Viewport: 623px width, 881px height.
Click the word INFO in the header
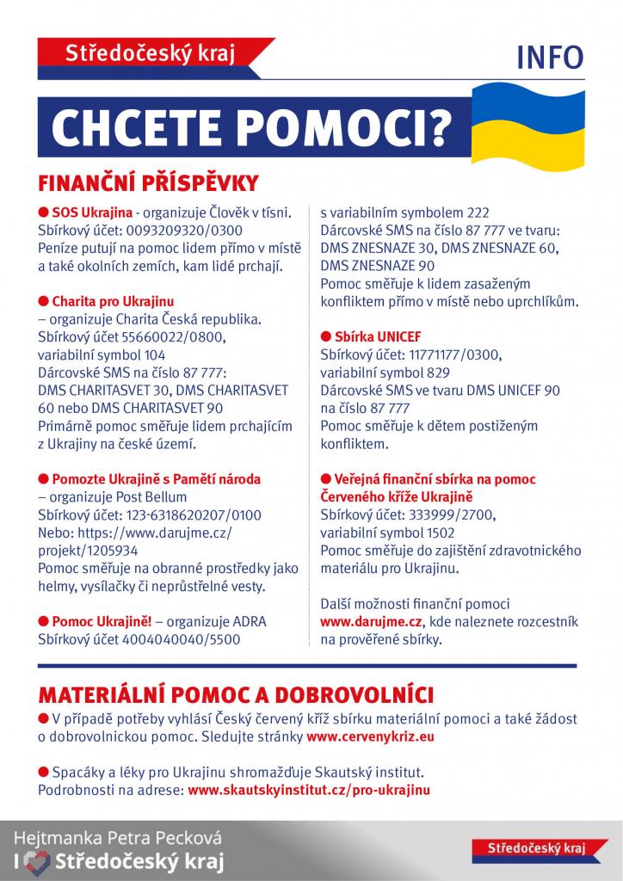click(550, 57)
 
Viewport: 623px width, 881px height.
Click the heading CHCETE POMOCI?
click(250, 127)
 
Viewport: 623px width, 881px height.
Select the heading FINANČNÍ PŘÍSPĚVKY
click(148, 183)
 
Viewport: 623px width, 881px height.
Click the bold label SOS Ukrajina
click(92, 212)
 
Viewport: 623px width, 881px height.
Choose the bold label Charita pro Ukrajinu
click(113, 301)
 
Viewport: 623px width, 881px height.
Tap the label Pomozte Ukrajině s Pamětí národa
click(156, 478)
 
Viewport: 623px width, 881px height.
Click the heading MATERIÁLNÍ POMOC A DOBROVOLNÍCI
click(236, 693)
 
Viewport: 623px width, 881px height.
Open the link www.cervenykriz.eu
click(370, 736)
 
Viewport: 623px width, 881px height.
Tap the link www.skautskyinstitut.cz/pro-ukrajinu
click(309, 789)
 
